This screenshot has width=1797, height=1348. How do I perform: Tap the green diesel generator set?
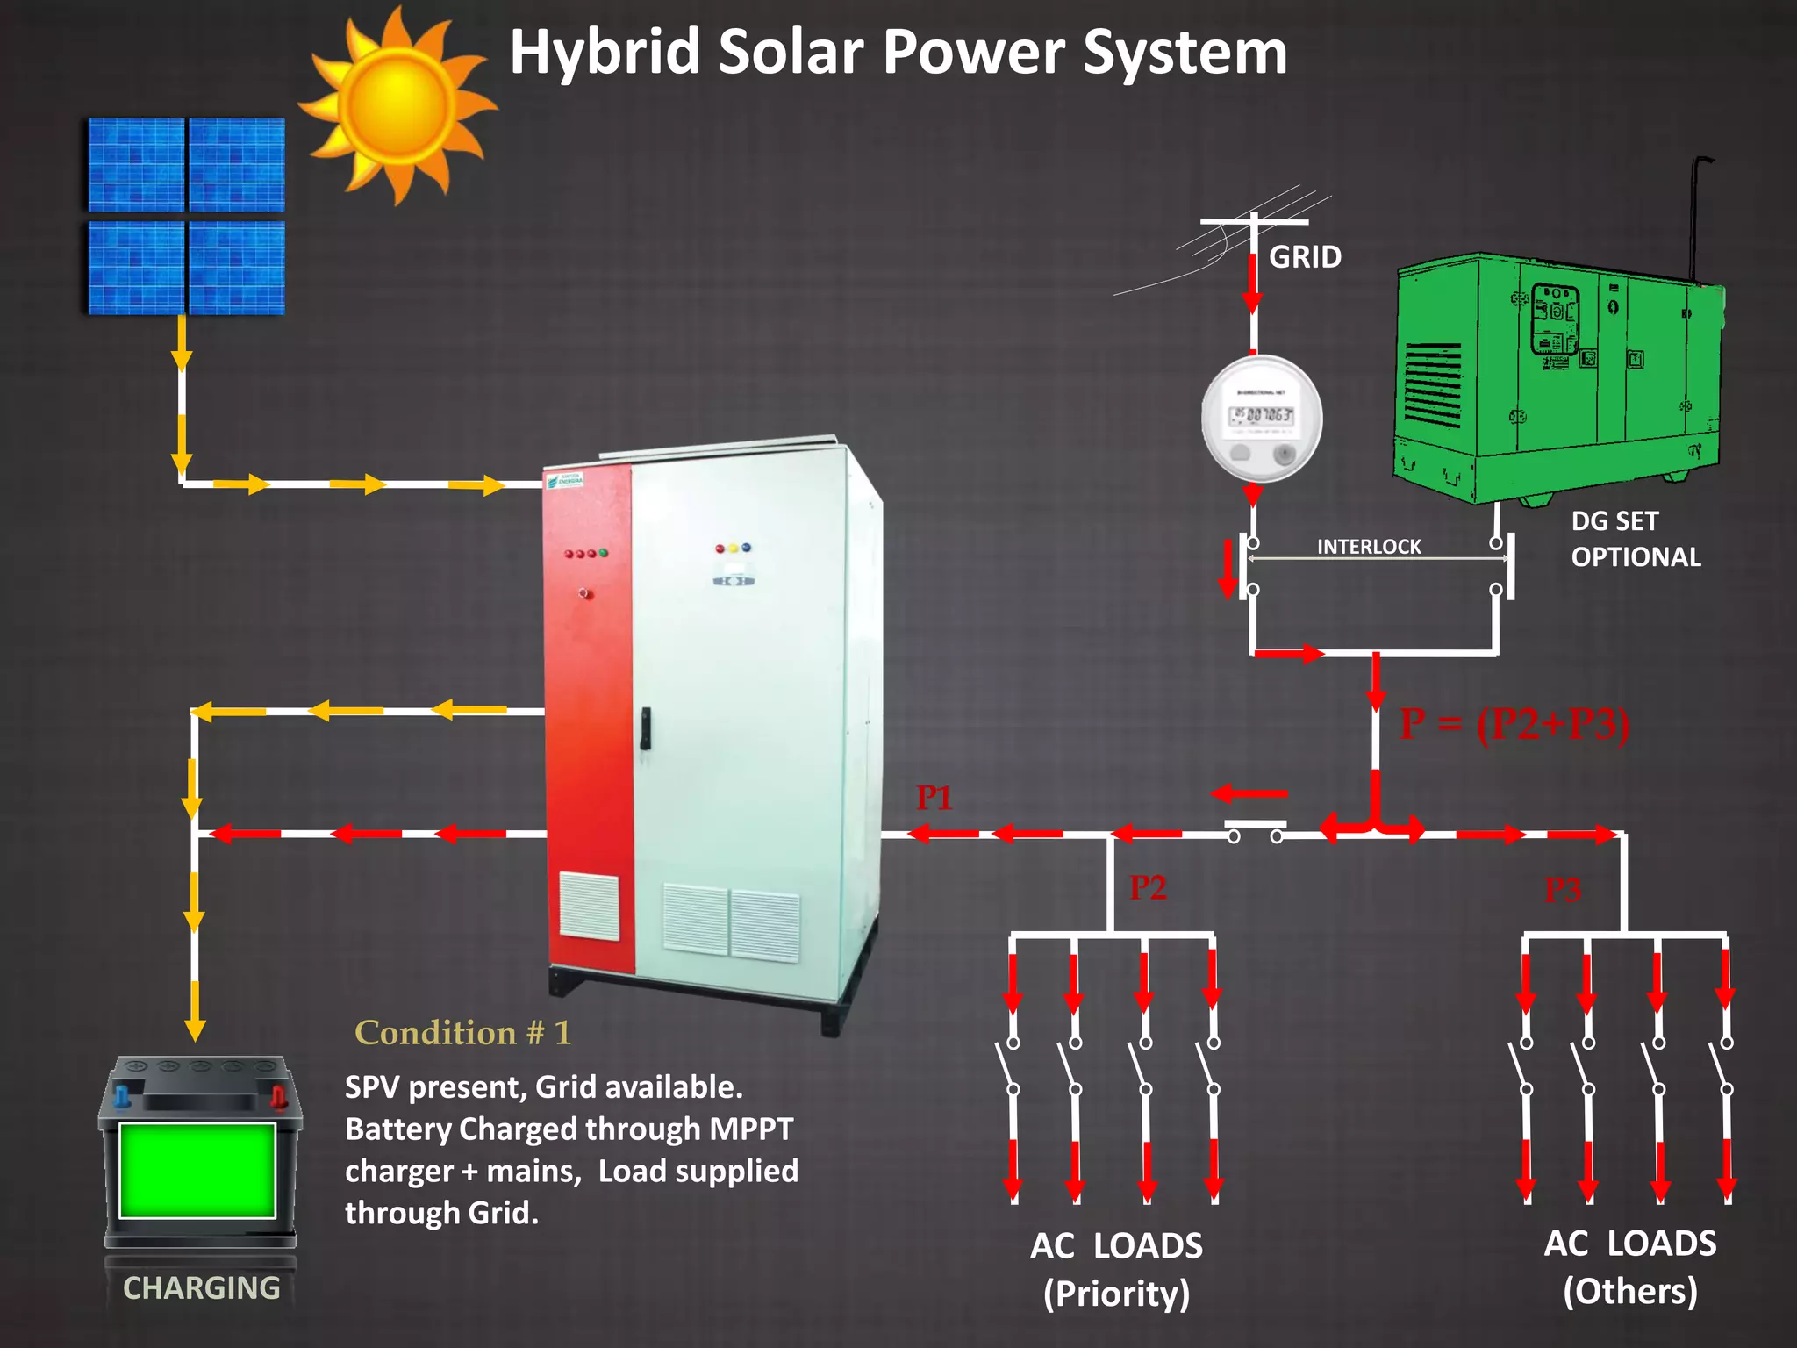tap(1557, 377)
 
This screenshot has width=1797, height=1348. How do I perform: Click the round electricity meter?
tap(1261, 419)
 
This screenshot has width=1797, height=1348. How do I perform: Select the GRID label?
tap(1305, 257)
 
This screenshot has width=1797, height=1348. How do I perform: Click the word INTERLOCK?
tap(1368, 547)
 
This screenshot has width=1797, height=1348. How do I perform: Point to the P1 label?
tap(934, 798)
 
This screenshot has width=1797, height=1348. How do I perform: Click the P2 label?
tap(1148, 887)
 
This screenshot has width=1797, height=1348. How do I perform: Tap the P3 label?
tap(1563, 890)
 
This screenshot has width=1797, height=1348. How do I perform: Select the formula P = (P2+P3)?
tap(1514, 724)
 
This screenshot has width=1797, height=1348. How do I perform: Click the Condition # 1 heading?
tap(462, 1033)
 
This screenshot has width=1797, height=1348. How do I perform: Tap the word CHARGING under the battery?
tap(201, 1287)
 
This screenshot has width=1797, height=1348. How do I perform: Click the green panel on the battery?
tap(197, 1170)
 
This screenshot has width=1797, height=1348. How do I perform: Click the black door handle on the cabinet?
tap(645, 728)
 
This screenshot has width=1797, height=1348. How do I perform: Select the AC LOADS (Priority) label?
tap(1116, 1269)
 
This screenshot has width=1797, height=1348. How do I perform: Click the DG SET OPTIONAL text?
tap(1635, 539)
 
